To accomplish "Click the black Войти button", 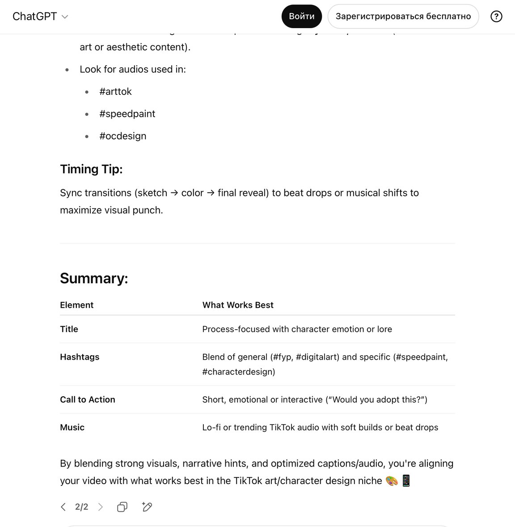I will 301,17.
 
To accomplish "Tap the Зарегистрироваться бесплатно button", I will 403,17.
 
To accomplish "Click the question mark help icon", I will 496,17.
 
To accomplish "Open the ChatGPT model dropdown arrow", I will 65,17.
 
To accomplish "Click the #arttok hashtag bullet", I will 115,92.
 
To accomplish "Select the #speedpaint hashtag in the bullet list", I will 127,114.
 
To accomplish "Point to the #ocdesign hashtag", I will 122,136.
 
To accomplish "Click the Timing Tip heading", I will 91,169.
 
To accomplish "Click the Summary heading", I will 94,278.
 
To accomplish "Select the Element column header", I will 77,305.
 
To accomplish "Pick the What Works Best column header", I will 238,305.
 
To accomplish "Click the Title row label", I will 69,329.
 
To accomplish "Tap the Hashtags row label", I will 80,357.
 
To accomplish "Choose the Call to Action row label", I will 88,400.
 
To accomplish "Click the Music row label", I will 72,428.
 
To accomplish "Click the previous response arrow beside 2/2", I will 63,507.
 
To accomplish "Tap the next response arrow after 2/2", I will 101,507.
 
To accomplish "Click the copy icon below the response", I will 122,507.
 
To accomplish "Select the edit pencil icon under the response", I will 147,507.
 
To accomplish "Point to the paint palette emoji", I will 392,481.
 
